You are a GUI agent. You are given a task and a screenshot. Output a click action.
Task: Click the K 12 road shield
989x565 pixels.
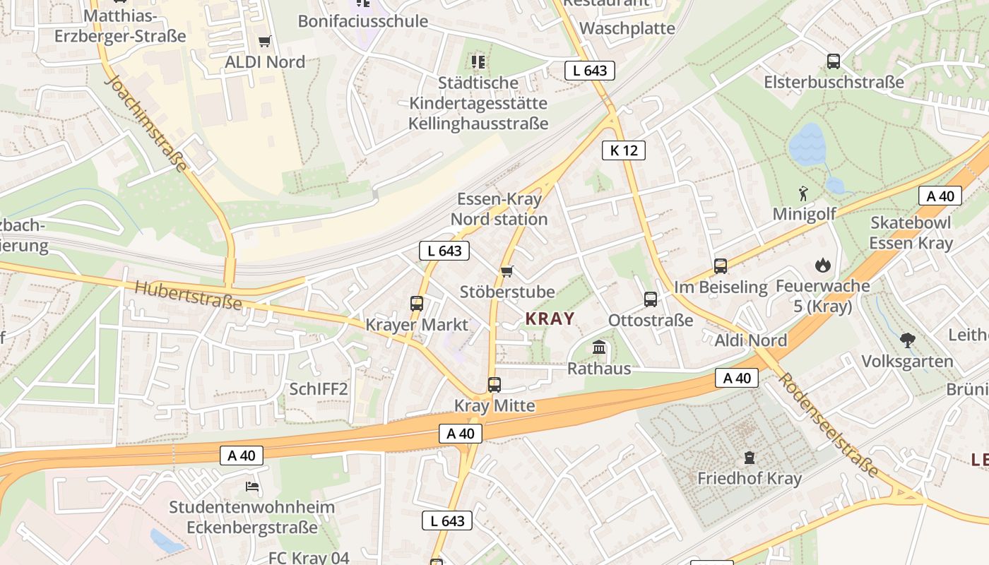pyautogui.click(x=624, y=150)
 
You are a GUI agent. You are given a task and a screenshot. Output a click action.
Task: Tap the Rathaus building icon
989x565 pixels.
pyautogui.click(x=600, y=347)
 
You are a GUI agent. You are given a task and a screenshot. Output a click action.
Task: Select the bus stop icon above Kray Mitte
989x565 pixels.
pyautogui.click(x=494, y=385)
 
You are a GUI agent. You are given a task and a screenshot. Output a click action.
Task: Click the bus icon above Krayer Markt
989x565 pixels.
pyautogui.click(x=417, y=304)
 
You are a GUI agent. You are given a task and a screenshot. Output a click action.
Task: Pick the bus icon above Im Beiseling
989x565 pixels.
pyautogui.click(x=721, y=266)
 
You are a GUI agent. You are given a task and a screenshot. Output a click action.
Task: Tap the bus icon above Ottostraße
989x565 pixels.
pyautogui.click(x=651, y=299)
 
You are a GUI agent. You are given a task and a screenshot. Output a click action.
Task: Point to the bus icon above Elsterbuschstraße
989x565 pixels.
pyautogui.click(x=834, y=61)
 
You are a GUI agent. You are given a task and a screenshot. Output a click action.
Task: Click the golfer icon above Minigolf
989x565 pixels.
pyautogui.click(x=803, y=193)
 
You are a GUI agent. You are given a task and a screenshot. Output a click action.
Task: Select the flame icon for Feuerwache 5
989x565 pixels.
pyautogui.click(x=822, y=266)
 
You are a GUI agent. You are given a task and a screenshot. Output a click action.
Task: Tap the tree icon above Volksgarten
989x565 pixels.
pyautogui.click(x=908, y=340)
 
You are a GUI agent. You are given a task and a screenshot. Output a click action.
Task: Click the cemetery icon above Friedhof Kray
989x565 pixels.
pyautogui.click(x=750, y=458)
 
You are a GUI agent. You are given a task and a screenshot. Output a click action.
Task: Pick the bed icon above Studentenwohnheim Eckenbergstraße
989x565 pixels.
pyautogui.click(x=252, y=486)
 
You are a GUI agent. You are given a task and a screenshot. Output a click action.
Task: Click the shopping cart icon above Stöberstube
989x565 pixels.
pyautogui.click(x=507, y=271)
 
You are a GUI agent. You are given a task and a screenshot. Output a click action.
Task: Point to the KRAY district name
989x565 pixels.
pyautogui.click(x=550, y=319)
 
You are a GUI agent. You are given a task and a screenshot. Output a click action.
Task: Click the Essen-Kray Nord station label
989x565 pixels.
pyautogui.click(x=499, y=209)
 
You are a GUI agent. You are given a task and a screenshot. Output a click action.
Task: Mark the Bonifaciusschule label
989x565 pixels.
pyautogui.click(x=363, y=21)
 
